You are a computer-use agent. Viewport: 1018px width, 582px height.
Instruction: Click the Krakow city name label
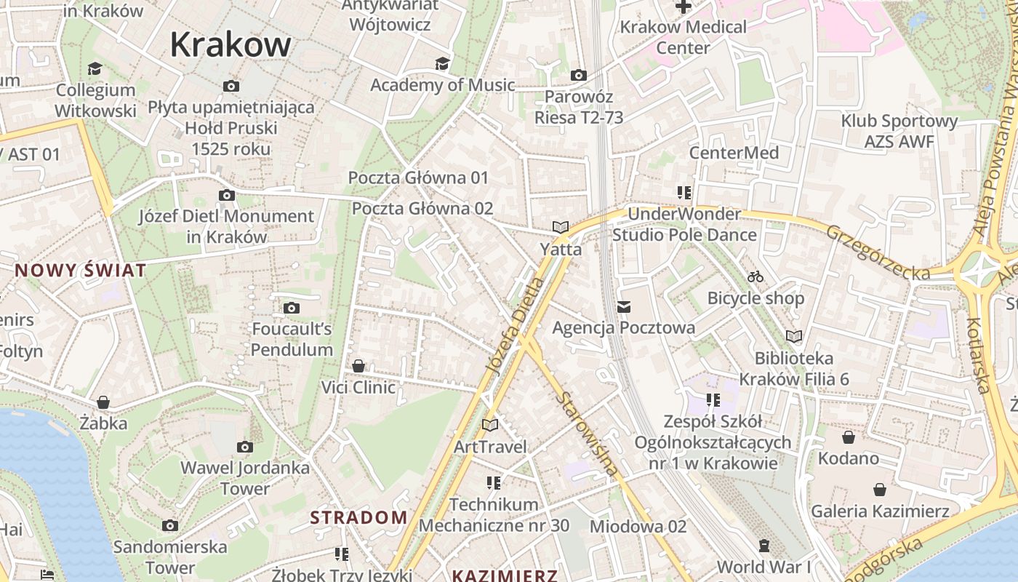(x=231, y=45)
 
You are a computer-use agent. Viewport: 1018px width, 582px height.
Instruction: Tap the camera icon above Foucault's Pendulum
(x=292, y=308)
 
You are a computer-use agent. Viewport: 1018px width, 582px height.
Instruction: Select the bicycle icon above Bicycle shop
(x=756, y=277)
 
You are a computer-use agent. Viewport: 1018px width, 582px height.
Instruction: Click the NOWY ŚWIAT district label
(x=81, y=271)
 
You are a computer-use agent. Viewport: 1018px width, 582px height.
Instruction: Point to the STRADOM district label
(x=358, y=517)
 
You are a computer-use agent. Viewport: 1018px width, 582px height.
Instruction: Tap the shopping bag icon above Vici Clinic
(x=358, y=366)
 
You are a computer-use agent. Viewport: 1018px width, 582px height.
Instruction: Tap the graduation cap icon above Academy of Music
(x=442, y=64)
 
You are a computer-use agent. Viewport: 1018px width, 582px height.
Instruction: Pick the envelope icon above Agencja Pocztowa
(x=623, y=307)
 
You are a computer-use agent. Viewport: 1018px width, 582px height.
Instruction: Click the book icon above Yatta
(x=560, y=228)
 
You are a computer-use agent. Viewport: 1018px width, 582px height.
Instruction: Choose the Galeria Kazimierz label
(x=880, y=511)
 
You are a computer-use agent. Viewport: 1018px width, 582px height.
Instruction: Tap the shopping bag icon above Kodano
(x=848, y=437)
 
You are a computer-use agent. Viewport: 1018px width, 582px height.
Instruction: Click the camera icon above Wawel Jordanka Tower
(x=245, y=447)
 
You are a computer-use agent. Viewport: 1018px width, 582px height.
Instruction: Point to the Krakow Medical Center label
(x=683, y=37)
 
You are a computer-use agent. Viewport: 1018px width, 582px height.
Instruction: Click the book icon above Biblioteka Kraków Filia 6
(x=794, y=337)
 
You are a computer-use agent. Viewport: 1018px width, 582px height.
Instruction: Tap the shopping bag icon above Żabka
(x=103, y=402)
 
